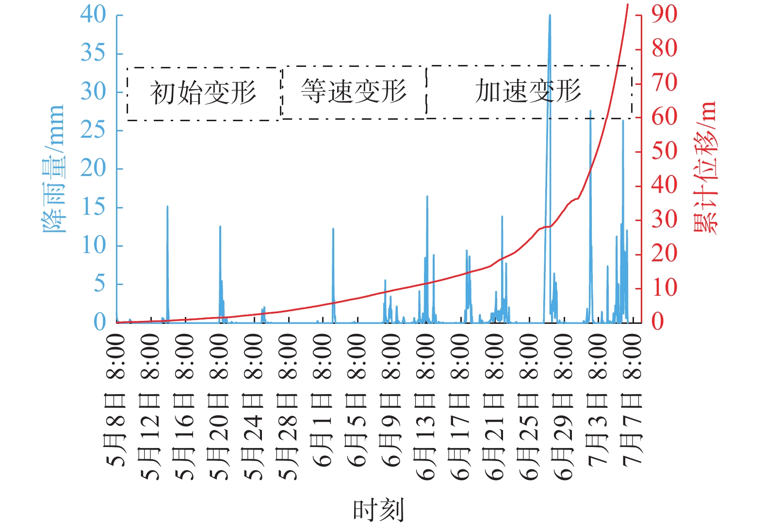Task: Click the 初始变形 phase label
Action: pos(203,93)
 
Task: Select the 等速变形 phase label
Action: pos(354,91)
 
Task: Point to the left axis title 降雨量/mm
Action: pos(53,169)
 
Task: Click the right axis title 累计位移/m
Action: pos(705,168)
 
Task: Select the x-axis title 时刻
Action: pos(378,510)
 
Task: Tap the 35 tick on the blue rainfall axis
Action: pos(93,53)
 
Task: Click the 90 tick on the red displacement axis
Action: pos(664,15)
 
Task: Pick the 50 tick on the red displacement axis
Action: pos(664,151)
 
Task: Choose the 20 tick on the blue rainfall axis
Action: pos(93,168)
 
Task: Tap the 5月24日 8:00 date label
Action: pos(254,407)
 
